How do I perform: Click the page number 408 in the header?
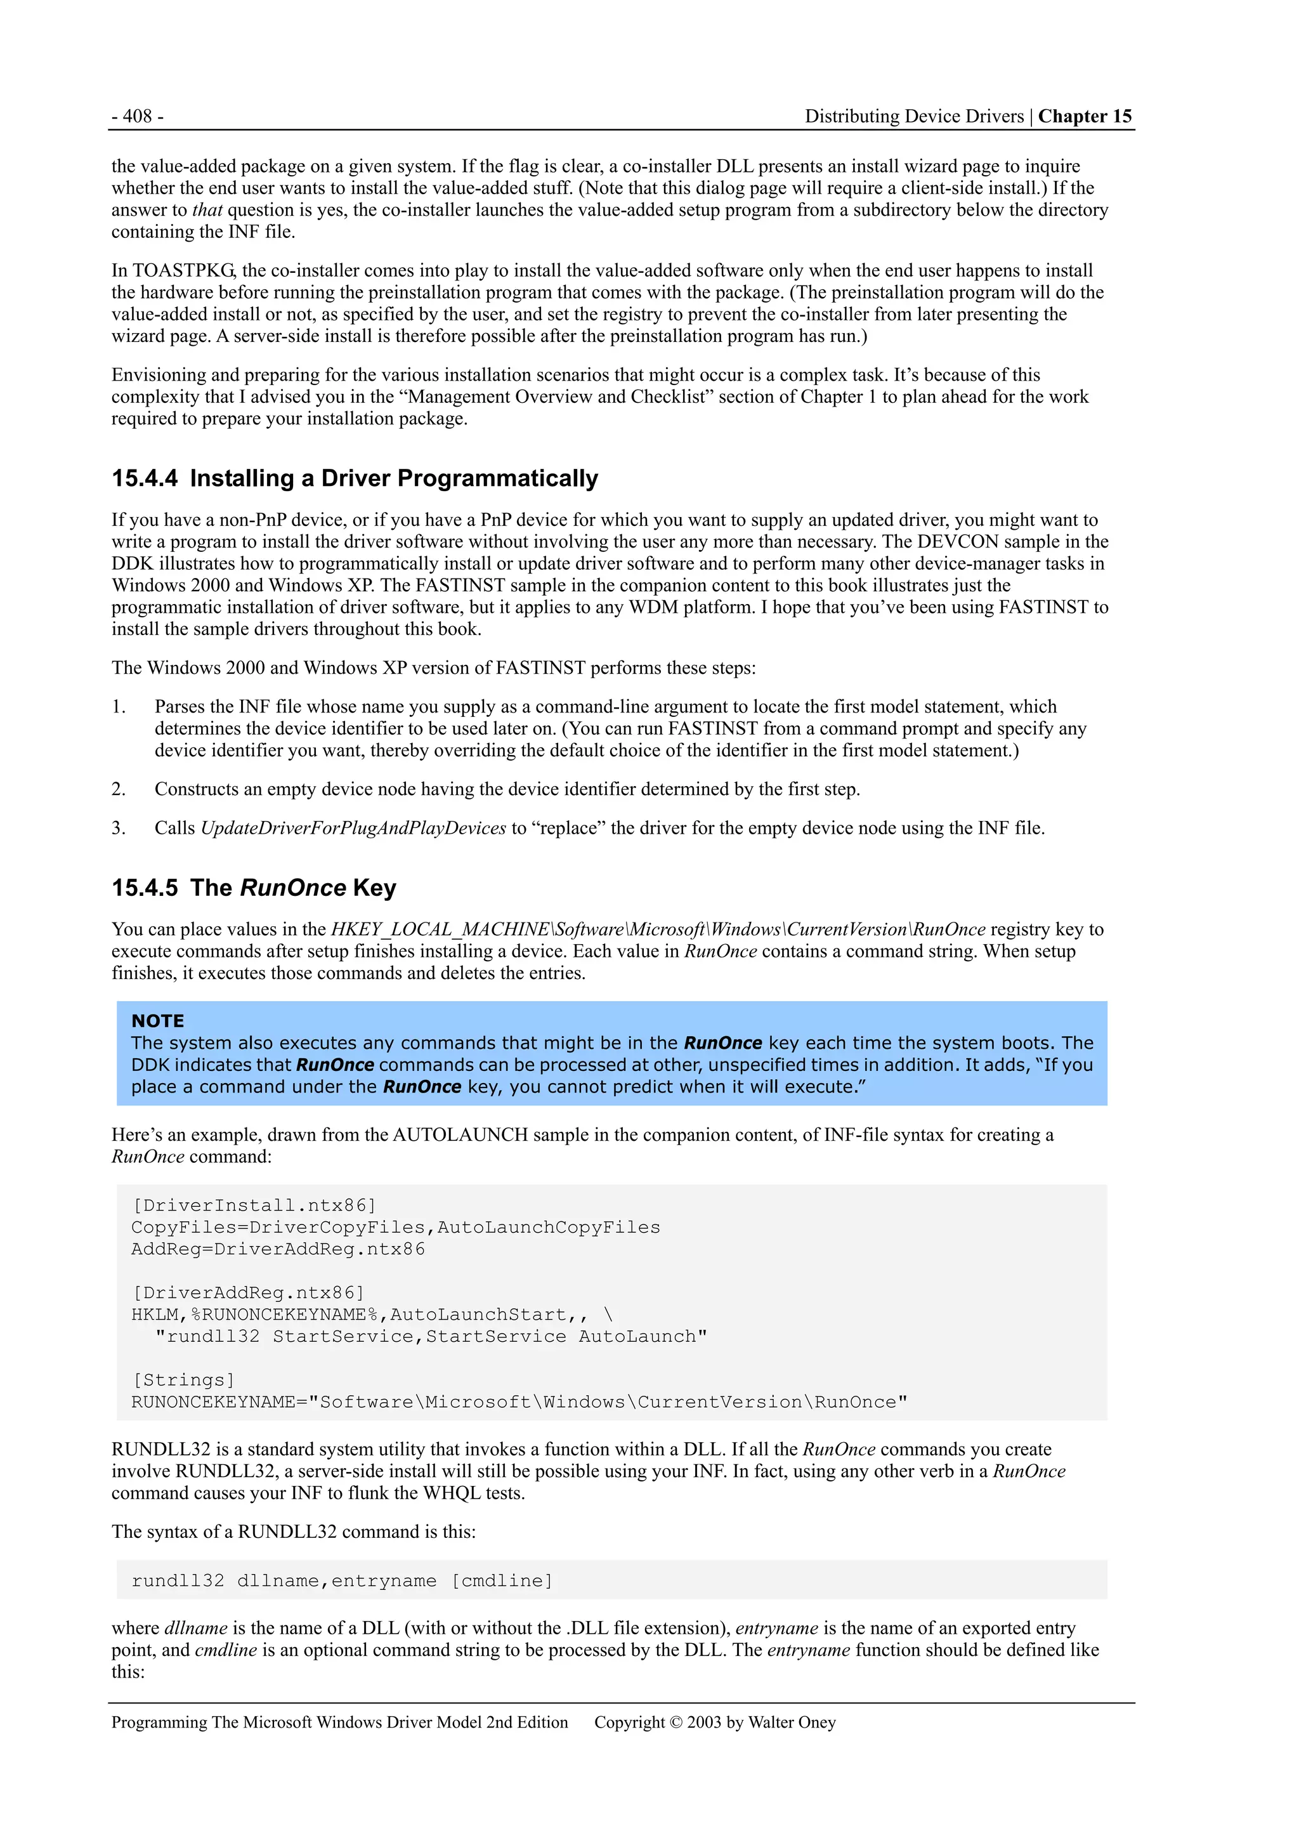tap(137, 116)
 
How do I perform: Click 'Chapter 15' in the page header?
tap(1085, 116)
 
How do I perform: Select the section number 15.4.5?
tap(145, 887)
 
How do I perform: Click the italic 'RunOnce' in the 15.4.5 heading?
tap(293, 887)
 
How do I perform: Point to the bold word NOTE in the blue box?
tap(158, 1021)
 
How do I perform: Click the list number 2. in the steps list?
tap(119, 789)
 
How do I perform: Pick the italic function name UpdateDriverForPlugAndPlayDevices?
tap(353, 828)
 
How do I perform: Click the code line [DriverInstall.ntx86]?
tap(254, 1205)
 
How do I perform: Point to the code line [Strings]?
tap(183, 1380)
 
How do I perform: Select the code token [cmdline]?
tap(502, 1580)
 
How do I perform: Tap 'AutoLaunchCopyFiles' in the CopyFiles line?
tap(548, 1227)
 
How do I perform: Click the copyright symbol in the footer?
tap(675, 1722)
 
